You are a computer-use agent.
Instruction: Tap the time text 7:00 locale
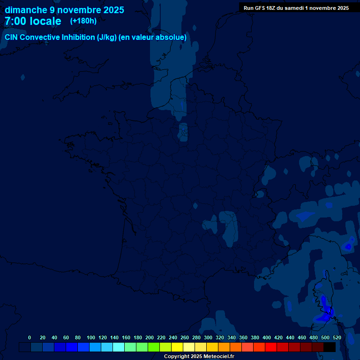click(x=33, y=21)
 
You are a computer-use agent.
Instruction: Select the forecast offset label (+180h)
click(x=83, y=21)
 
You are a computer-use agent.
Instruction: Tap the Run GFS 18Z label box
click(x=296, y=8)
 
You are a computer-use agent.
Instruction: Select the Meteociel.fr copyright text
click(x=199, y=357)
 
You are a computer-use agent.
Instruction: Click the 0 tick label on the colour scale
click(x=30, y=337)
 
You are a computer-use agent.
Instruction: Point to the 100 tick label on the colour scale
click(x=91, y=337)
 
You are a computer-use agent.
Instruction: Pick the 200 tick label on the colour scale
click(x=150, y=337)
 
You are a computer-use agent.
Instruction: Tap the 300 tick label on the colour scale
click(x=208, y=337)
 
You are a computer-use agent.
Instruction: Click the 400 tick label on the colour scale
click(x=267, y=337)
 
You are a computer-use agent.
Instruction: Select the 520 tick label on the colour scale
click(x=337, y=337)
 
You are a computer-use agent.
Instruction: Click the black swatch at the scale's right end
click(x=330, y=347)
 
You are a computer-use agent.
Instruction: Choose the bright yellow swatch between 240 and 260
click(x=177, y=347)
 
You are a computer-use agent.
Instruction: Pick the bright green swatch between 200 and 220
click(x=154, y=347)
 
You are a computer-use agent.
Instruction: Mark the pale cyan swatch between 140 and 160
click(x=119, y=347)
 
